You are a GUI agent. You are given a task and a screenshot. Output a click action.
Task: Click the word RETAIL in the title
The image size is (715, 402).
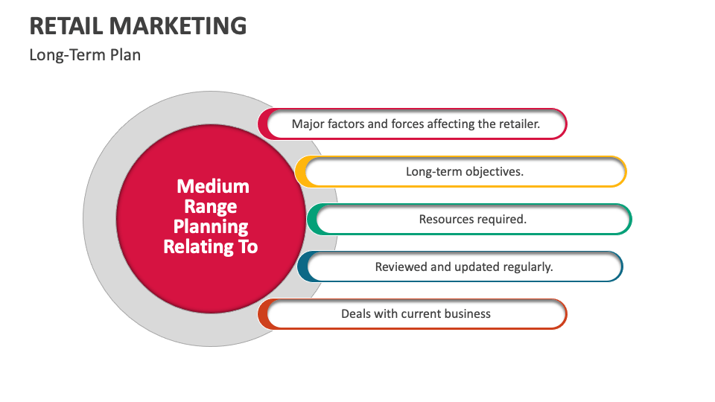point(66,26)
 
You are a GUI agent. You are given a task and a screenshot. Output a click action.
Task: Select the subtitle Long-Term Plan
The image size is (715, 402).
point(85,54)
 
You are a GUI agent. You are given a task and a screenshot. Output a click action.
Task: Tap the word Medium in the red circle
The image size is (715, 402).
point(213,186)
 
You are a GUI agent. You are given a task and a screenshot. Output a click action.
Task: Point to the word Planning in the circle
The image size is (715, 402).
point(211,226)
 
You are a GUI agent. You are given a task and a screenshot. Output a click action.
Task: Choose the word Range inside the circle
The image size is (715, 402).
point(211,206)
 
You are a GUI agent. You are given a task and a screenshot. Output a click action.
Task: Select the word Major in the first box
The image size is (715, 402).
point(308,124)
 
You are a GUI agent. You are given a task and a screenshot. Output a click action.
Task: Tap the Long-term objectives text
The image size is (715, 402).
point(464,171)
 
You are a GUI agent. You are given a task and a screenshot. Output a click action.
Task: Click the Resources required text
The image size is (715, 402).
point(472,220)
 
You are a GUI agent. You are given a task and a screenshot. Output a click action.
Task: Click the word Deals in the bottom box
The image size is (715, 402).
point(356,313)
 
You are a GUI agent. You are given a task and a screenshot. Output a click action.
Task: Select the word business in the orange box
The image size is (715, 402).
point(465,313)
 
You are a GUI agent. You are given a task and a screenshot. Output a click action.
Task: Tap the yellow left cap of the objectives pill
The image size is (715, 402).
point(301,172)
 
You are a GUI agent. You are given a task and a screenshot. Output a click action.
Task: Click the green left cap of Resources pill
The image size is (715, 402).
point(312,220)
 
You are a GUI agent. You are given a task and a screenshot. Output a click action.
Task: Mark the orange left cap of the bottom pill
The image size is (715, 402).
point(263,314)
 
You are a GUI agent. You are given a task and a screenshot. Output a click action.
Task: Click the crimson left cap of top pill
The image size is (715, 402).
point(263,124)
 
